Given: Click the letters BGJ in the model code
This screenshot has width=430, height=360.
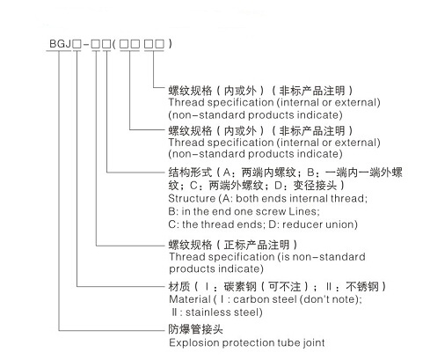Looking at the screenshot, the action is [60, 44].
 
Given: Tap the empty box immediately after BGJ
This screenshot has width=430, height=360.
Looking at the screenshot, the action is [77, 44].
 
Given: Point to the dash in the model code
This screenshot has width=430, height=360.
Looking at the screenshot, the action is [86, 44].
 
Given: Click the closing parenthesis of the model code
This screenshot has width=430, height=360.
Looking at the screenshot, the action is [171, 44].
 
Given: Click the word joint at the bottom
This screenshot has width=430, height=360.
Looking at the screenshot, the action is [314, 342].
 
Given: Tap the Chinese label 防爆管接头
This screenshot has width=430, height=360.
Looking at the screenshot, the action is [195, 329].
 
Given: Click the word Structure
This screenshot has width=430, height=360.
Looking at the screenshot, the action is [192, 199].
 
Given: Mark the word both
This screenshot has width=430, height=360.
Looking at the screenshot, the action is [246, 199].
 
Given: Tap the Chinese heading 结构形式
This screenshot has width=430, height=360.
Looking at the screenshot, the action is [190, 173].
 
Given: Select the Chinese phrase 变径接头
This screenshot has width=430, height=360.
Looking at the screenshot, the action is [315, 186].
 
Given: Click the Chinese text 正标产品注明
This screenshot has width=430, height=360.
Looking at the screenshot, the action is [257, 245].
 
